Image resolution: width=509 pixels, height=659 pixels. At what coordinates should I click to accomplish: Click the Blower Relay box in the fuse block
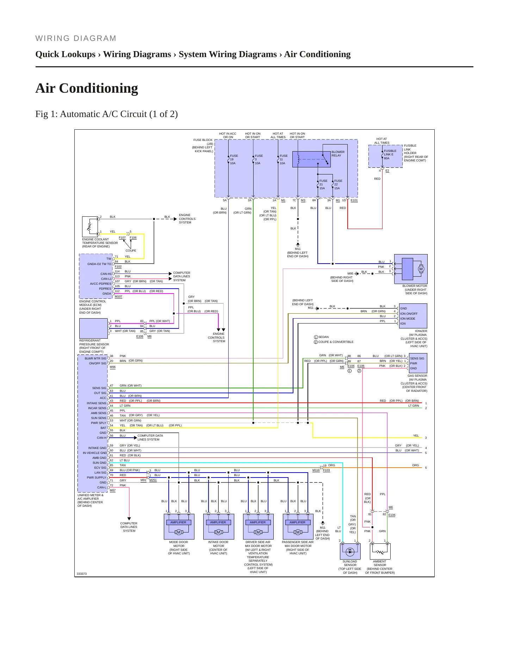click(x=311, y=159)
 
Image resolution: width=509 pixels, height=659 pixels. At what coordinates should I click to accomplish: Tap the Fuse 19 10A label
click(x=234, y=160)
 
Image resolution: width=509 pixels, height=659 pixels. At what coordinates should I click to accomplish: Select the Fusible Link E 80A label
click(x=390, y=155)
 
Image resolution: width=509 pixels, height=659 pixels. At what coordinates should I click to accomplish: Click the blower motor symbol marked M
click(x=421, y=269)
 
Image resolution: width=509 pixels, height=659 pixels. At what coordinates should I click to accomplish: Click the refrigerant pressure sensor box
click(x=93, y=328)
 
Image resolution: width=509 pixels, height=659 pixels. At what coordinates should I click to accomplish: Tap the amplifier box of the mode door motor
click(x=178, y=522)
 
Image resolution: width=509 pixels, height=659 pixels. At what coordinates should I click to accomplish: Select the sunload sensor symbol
click(x=350, y=552)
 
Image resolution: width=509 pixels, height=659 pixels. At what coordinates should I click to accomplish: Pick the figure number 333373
click(x=82, y=574)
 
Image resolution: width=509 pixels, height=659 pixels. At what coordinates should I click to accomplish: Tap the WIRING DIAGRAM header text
click(x=76, y=38)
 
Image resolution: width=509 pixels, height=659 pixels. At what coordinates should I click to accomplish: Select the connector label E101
click(x=354, y=200)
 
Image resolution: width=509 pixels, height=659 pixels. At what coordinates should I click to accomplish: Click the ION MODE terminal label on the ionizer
click(x=408, y=319)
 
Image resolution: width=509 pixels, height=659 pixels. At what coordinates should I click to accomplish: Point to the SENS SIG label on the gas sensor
click(x=417, y=358)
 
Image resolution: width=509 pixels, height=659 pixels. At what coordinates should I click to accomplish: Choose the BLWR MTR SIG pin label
click(x=95, y=358)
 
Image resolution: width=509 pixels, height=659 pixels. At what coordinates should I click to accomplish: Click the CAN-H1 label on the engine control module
click(x=106, y=274)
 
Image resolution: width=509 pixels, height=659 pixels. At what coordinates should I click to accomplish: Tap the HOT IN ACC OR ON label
click(x=228, y=135)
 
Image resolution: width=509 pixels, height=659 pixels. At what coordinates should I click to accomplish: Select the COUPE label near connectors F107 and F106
click(x=131, y=251)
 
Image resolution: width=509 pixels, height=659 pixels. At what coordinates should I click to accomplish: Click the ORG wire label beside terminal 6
click(x=416, y=465)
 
